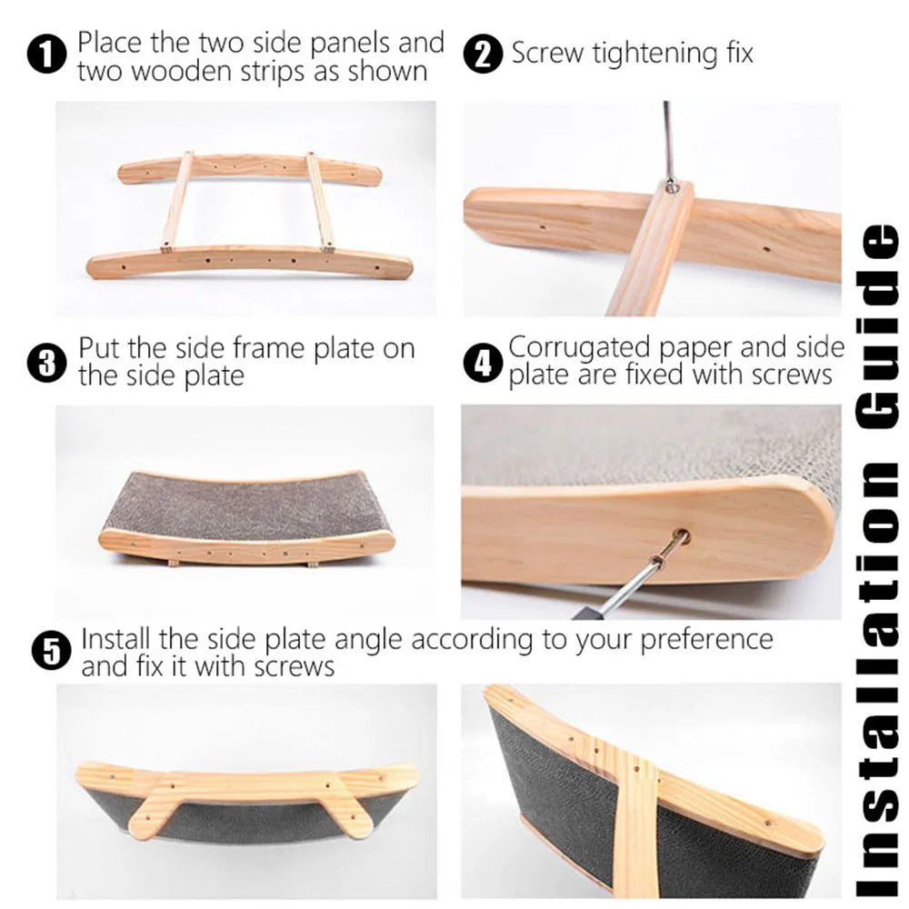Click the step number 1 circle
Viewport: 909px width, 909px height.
[x=46, y=55]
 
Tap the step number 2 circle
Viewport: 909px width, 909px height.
[x=483, y=54]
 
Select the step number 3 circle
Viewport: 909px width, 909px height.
[x=46, y=363]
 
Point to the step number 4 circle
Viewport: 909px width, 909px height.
[x=483, y=363]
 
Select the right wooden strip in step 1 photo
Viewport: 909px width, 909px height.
[x=320, y=202]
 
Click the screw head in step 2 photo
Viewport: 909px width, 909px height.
[x=671, y=185]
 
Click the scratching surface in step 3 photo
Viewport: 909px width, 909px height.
[x=245, y=504]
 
